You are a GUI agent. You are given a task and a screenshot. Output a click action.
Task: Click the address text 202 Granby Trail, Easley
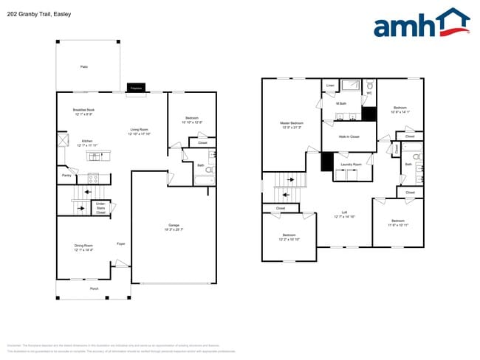[39, 13]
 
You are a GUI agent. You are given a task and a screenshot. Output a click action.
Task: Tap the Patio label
[84, 67]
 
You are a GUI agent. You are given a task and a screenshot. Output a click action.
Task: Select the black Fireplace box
[136, 88]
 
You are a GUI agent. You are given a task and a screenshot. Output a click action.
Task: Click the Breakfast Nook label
[83, 111]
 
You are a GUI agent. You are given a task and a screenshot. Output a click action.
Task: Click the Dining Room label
[83, 247]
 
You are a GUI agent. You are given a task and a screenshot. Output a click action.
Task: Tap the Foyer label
[121, 243]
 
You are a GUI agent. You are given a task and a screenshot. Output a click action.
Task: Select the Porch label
[95, 288]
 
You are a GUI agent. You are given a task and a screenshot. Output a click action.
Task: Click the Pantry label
[66, 176]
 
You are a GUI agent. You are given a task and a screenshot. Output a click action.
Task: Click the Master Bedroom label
[292, 124]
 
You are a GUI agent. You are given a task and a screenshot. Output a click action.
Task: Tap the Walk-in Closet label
[349, 137]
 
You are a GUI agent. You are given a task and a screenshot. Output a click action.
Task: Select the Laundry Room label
[352, 164]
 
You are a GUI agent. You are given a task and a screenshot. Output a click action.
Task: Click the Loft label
[344, 215]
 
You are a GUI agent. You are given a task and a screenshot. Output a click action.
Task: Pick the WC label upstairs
[369, 94]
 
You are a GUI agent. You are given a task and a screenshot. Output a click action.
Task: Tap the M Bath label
[342, 104]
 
